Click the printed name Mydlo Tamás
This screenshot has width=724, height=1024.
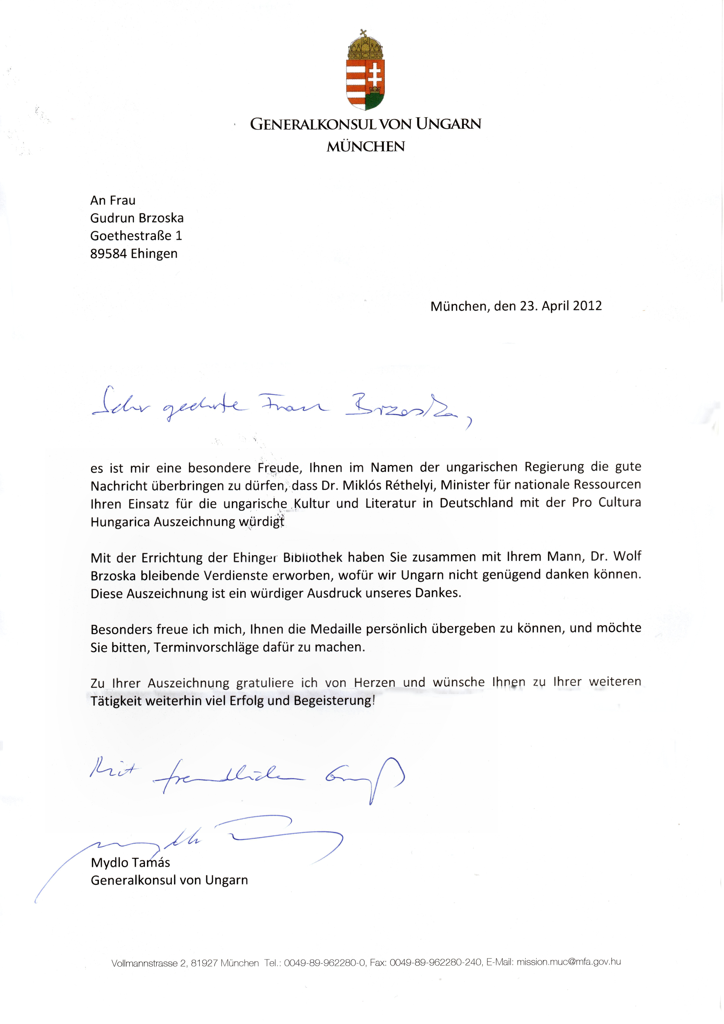[130, 863]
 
